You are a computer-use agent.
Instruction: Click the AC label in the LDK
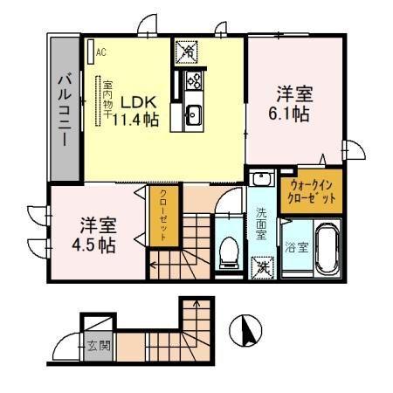[101, 52]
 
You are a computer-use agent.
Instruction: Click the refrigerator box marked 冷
[186, 52]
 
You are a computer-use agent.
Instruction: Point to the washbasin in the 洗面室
[259, 180]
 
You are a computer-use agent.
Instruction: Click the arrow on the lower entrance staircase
[197, 310]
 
